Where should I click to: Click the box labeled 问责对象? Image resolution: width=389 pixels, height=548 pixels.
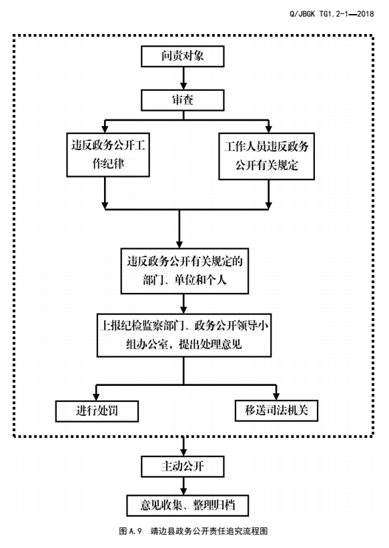tap(182, 56)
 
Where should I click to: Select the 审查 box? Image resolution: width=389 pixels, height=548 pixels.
tap(182, 100)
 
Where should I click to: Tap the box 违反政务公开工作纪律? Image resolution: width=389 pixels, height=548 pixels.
tap(108, 154)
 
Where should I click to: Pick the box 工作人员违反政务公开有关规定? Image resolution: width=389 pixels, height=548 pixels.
tap(266, 156)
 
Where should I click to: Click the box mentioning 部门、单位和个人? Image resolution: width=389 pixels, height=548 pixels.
tap(185, 271)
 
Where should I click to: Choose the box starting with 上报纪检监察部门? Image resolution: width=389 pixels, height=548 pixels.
tap(184, 335)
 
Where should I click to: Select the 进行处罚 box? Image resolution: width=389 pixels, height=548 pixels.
tap(97, 411)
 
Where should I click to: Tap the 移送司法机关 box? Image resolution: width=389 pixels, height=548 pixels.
tap(276, 410)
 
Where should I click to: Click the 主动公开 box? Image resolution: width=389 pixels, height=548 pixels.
tap(182, 466)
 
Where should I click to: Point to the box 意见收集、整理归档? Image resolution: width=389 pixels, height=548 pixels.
tap(187, 505)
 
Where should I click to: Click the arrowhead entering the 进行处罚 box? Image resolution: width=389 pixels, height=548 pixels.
tap(97, 396)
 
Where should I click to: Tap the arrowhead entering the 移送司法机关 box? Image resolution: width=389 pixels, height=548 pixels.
tap(276, 396)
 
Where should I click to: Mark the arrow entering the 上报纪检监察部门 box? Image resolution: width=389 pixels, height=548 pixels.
tap(183, 304)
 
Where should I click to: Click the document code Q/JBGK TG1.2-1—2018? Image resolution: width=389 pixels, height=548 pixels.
tap(332, 14)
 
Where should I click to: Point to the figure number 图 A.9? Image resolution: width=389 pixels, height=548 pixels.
tap(130, 531)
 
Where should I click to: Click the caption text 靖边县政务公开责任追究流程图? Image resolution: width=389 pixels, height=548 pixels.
tap(210, 531)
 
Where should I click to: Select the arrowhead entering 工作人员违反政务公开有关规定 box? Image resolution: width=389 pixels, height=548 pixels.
tap(268, 129)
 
